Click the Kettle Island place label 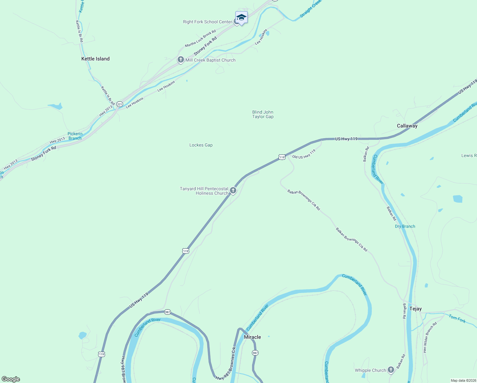click(95, 59)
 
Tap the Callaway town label click(407, 126)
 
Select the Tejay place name click(415, 309)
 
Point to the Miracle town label click(252, 337)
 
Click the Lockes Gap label click(201, 145)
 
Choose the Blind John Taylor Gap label click(263, 114)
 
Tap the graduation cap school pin click(241, 17)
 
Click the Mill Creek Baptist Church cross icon click(181, 60)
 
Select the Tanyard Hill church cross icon click(233, 191)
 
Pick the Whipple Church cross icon click(391, 370)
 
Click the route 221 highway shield click(120, 104)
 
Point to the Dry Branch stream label click(405, 226)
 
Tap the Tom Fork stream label click(457, 318)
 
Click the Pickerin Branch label click(75, 136)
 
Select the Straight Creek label click(311, 9)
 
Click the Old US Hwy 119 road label click(304, 154)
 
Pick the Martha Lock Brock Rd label click(201, 38)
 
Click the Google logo click(11, 379)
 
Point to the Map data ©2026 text click(463, 380)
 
